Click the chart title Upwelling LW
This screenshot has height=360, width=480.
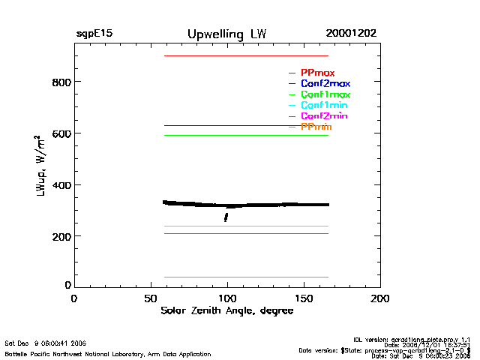tap(226, 34)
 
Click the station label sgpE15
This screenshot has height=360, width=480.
tap(94, 34)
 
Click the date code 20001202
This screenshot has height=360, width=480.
tap(351, 34)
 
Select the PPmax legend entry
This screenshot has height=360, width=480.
tap(317, 73)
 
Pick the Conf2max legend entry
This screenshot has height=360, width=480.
tap(325, 84)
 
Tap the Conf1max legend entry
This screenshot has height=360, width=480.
tap(325, 94)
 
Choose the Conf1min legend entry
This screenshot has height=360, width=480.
tap(324, 106)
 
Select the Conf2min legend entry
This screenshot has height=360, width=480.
tap(324, 116)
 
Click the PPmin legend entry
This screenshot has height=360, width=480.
tap(316, 127)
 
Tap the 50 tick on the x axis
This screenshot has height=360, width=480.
tap(150, 298)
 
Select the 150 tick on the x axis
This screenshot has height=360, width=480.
tap(304, 298)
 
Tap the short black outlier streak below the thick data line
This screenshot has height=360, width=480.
tap(226, 217)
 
